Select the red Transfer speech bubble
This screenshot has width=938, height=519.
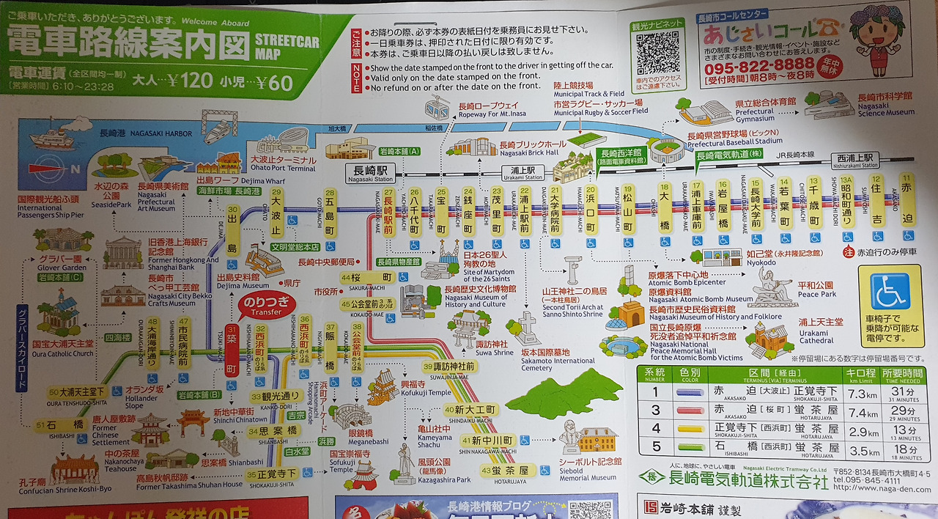click(x=265, y=304)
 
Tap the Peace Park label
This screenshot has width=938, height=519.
click(x=816, y=289)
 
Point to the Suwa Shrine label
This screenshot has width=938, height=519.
click(x=495, y=347)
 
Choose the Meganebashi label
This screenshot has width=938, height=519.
click(x=348, y=438)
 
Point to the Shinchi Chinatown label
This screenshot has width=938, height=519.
click(x=239, y=416)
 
